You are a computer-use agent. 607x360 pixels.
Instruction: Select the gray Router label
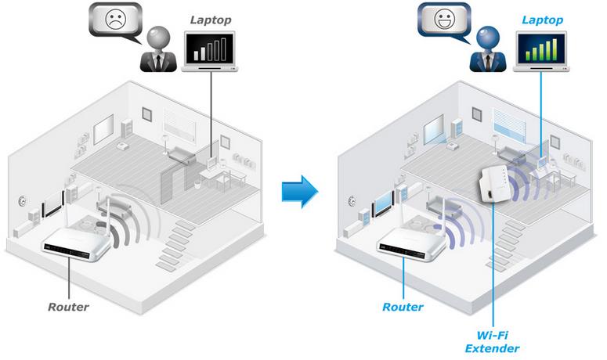(x=68, y=306)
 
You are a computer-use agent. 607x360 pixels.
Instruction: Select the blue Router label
(x=403, y=306)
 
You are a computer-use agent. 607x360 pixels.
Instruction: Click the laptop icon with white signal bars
(x=210, y=52)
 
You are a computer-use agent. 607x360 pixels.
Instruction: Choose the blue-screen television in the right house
(x=382, y=205)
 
